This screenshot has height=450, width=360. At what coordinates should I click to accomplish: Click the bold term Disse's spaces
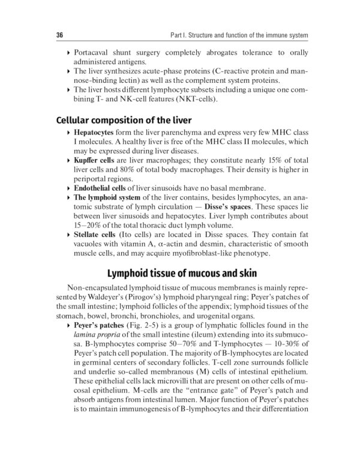230,206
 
